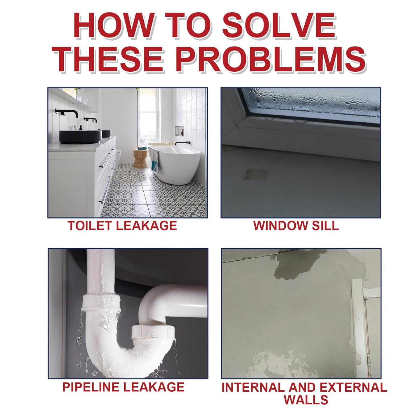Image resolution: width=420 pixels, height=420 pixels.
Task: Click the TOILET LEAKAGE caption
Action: click(122, 225)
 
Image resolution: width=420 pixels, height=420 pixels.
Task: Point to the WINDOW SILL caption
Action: click(296, 225)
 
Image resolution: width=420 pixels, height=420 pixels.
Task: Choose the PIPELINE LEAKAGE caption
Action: click(123, 387)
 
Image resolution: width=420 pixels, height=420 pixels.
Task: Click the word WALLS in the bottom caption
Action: click(306, 399)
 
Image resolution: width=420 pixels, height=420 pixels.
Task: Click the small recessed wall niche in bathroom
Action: click(179, 130)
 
